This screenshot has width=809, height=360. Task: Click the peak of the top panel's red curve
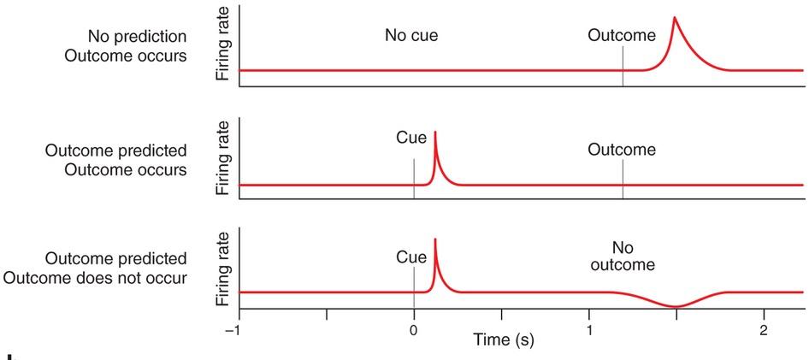(675, 17)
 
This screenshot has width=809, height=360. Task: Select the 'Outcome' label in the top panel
(622, 36)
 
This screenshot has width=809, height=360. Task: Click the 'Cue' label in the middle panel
(412, 137)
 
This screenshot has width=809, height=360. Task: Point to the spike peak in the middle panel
(436, 132)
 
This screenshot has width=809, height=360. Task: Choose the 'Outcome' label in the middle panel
(622, 150)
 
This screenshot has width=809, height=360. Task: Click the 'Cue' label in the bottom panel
(412, 257)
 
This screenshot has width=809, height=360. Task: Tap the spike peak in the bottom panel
(436, 239)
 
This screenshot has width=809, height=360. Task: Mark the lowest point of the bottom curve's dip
(676, 306)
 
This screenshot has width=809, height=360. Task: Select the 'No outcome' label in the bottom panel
(622, 255)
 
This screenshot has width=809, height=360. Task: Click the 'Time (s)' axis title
(504, 340)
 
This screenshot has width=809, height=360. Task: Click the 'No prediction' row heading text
(138, 37)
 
